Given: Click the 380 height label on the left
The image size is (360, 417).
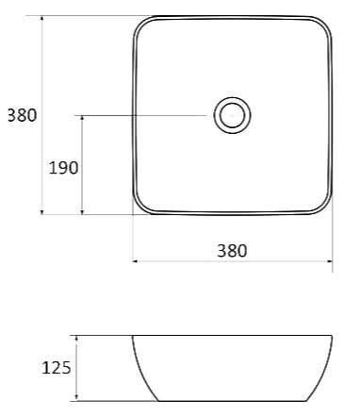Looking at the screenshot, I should coord(22,116).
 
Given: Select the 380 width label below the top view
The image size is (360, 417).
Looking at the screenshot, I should coord(232,250).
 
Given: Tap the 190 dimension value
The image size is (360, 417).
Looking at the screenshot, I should coord(63,167).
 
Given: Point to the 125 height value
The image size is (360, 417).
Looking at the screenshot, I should coord(57,368).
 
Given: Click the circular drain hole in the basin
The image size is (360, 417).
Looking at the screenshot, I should coord(231,116).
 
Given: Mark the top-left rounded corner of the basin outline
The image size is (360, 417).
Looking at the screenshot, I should coord(141,25).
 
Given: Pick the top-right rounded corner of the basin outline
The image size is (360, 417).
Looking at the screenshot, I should coord(325,25).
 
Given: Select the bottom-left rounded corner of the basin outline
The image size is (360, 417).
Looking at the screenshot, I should coord(141,206).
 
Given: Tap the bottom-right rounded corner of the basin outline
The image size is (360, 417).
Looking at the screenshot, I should coord(325,206).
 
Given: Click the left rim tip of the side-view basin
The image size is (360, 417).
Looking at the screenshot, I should coord(133,336).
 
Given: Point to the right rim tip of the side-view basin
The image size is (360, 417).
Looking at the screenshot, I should coord(333,336).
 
